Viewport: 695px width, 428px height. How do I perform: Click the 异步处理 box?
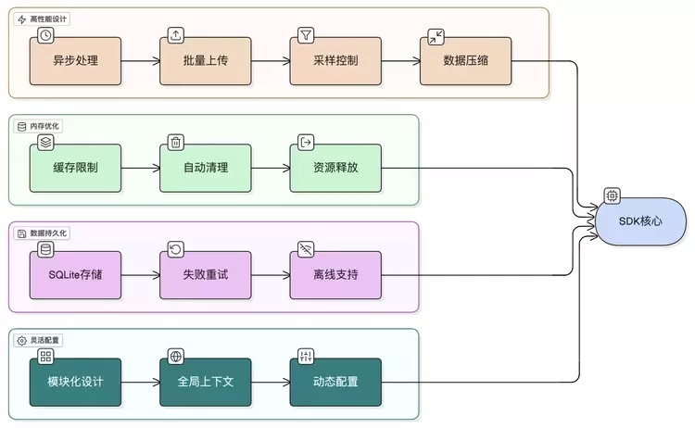tap(75, 61)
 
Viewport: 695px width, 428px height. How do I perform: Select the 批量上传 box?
tap(205, 61)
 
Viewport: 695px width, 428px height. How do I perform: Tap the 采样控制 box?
tap(335, 61)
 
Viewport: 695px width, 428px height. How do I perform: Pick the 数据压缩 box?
tap(464, 61)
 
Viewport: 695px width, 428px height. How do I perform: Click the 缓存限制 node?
tap(75, 168)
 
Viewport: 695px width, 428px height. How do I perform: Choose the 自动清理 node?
tap(205, 168)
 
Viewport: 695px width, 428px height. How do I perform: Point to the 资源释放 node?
tap(335, 168)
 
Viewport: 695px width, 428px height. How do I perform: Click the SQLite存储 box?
tap(75, 275)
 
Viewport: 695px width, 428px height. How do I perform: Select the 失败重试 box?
tap(205, 275)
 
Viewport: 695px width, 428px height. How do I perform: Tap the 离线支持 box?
tap(335, 275)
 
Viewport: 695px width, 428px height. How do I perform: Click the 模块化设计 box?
tap(75, 382)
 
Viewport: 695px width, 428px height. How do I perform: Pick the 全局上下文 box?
tap(205, 382)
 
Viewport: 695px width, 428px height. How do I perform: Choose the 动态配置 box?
tap(335, 382)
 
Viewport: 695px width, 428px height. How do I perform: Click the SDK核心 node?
tap(641, 222)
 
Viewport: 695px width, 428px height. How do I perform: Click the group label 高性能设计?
tap(49, 19)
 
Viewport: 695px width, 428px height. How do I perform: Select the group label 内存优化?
tap(45, 126)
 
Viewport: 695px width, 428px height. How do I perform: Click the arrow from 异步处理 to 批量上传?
tap(140, 61)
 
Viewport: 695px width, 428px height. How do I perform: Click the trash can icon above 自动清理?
tap(175, 142)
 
